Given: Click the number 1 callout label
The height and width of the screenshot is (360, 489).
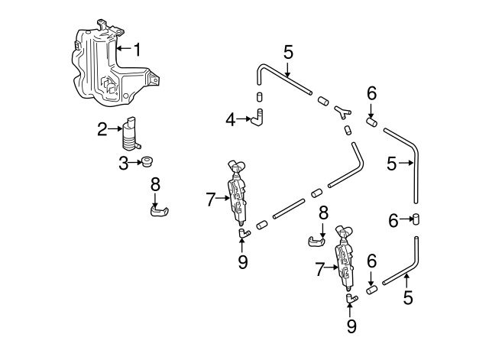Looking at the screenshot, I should pos(138,50).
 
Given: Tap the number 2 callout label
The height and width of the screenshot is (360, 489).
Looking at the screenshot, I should pos(102,130).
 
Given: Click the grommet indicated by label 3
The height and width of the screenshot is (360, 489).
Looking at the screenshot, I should pos(146,161).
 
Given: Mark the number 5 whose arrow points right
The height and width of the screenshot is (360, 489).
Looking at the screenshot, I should pos(393,163).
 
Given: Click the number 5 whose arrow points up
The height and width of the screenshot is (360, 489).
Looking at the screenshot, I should pos(408,298).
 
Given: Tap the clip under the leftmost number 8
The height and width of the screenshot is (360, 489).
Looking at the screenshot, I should pos(160,209).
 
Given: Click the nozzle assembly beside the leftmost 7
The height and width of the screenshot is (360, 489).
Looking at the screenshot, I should pos(238,193).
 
